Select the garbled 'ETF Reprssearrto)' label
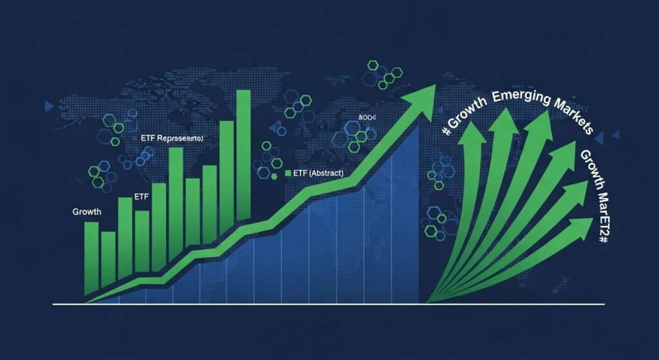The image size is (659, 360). tap(171, 138)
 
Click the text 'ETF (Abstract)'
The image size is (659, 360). tap(318, 174)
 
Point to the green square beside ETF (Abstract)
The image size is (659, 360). tap(288, 174)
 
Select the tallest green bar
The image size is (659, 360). tap(243, 155)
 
